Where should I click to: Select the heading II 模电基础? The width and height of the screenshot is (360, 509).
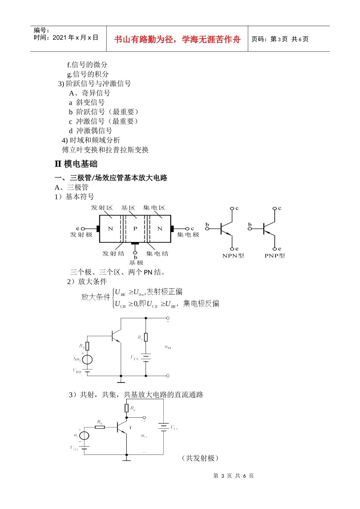76,164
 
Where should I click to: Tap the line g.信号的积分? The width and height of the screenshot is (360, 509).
88,74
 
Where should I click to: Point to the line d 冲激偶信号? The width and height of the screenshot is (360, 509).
91,131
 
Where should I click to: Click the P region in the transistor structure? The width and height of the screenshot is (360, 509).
135,229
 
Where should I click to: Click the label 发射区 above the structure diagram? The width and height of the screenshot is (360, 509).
102,208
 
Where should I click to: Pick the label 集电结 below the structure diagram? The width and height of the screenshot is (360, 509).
157,253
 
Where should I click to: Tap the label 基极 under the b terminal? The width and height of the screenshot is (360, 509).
136,262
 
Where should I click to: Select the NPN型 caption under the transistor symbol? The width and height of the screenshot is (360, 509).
233,256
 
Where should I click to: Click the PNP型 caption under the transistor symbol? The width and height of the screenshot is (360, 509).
275,256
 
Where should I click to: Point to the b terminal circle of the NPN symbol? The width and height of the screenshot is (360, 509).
207,228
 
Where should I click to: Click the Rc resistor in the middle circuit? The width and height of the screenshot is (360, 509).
146,337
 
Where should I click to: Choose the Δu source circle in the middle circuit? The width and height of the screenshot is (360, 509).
87,359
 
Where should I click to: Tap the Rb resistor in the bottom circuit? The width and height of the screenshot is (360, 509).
100,427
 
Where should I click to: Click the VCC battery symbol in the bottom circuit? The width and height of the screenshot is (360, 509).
164,427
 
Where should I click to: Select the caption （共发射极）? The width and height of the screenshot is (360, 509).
200,458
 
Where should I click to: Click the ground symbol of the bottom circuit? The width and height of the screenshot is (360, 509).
127,459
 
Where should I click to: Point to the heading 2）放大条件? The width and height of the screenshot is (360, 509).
87,281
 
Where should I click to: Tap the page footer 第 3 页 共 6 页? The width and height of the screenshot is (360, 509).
233,476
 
